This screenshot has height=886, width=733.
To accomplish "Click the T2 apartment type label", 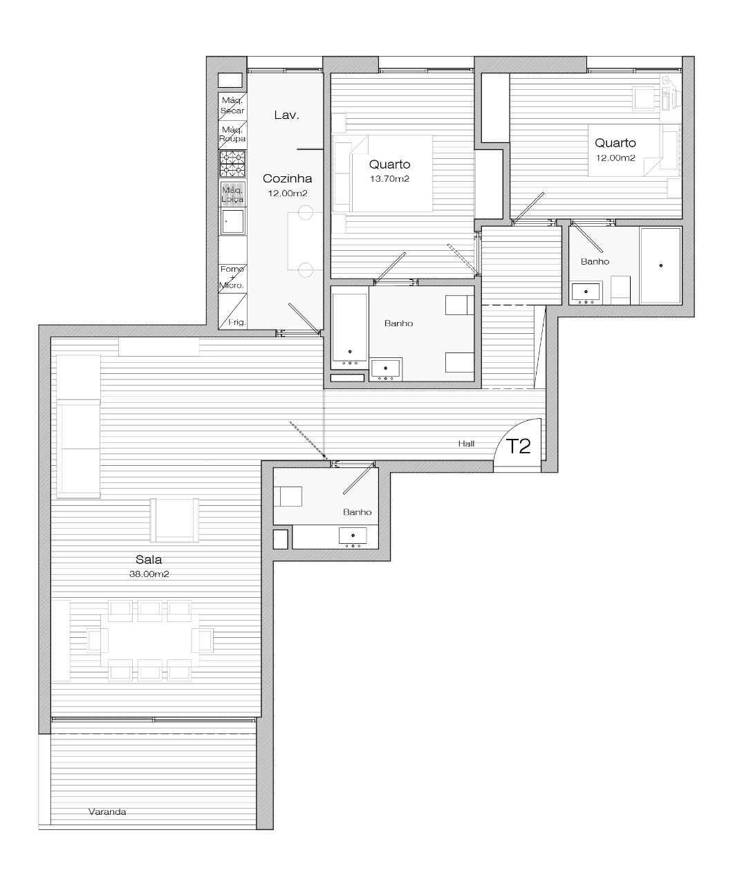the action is (x=519, y=446).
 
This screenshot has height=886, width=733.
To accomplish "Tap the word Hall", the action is (x=466, y=444).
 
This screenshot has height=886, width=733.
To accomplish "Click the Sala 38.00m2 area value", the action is (x=149, y=574).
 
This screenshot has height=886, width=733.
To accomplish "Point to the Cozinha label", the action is (x=287, y=178).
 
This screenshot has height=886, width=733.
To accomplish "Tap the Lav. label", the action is (x=287, y=115).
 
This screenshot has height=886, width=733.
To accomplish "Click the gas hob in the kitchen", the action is (x=232, y=164).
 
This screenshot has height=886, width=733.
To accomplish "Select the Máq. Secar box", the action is (x=232, y=106).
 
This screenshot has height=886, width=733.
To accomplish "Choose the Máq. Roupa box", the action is (x=232, y=135).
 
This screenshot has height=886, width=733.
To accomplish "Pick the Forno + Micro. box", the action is (x=232, y=278).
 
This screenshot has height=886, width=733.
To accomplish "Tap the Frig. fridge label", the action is (x=237, y=322).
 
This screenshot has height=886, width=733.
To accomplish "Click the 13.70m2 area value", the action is (x=389, y=179).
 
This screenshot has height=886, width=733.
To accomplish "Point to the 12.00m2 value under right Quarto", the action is (x=615, y=158).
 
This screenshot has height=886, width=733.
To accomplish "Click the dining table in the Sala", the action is (x=149, y=641).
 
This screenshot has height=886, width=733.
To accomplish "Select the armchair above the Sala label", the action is (x=174, y=520).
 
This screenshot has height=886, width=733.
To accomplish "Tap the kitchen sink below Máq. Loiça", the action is (x=232, y=221).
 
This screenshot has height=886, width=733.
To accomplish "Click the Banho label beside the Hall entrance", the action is (x=357, y=512).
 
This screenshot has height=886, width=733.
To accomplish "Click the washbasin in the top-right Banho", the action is (x=586, y=292).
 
